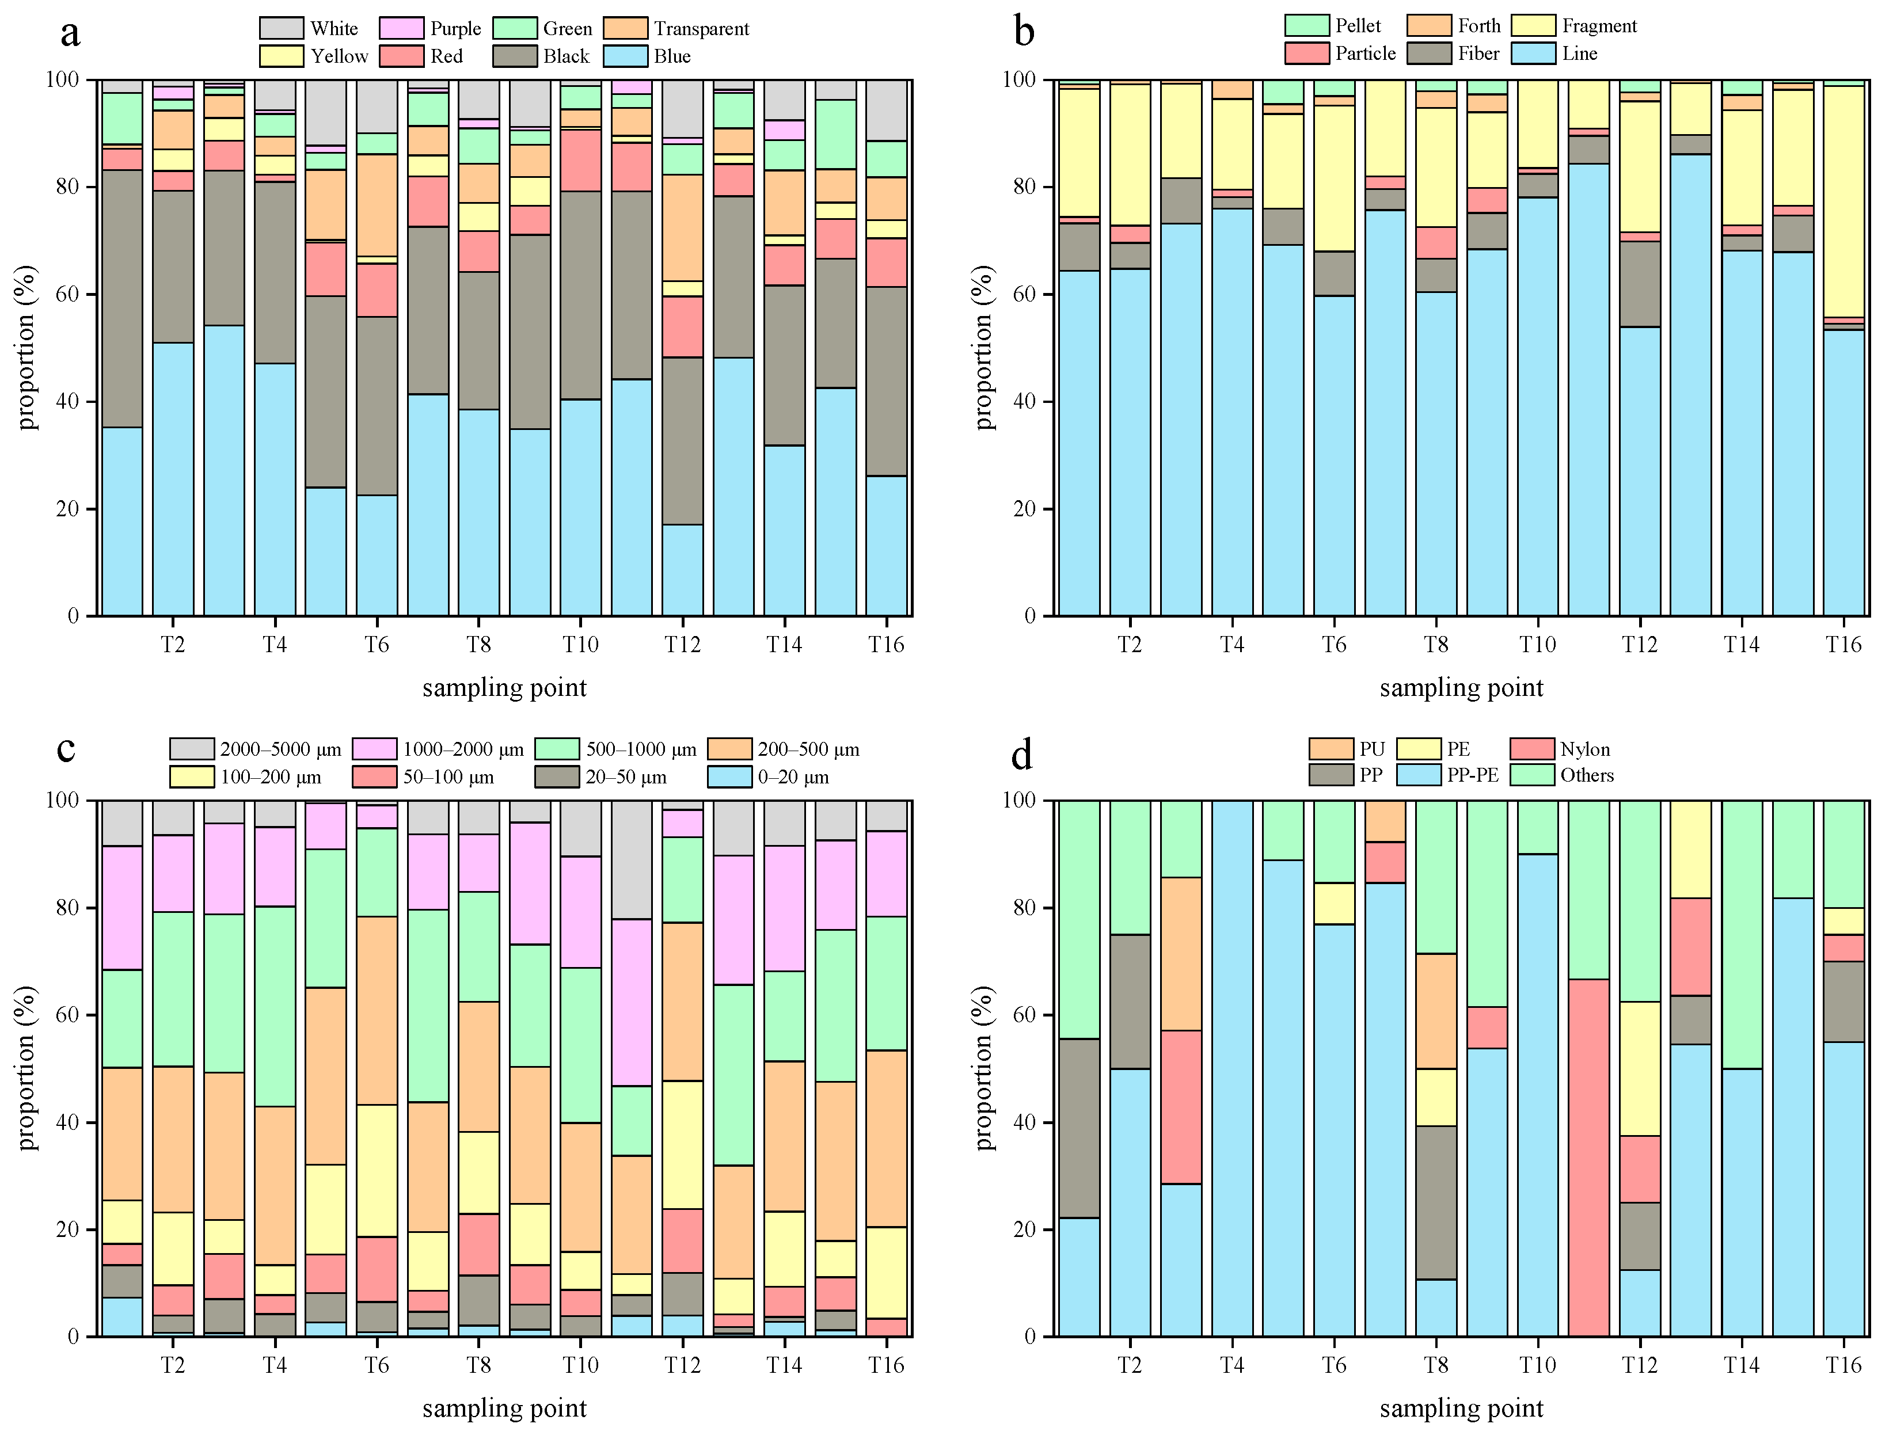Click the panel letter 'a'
tap(70, 35)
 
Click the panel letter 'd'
tap(1022, 755)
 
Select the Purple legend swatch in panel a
tap(401, 28)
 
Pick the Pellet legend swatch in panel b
tap(1306, 26)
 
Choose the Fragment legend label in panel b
tap(1598, 26)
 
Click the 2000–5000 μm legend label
tap(280, 749)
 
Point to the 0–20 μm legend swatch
tap(730, 777)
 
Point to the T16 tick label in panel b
tap(1843, 644)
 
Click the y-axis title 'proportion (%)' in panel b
tap(985, 347)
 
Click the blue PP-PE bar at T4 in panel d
tap(1231, 1071)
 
